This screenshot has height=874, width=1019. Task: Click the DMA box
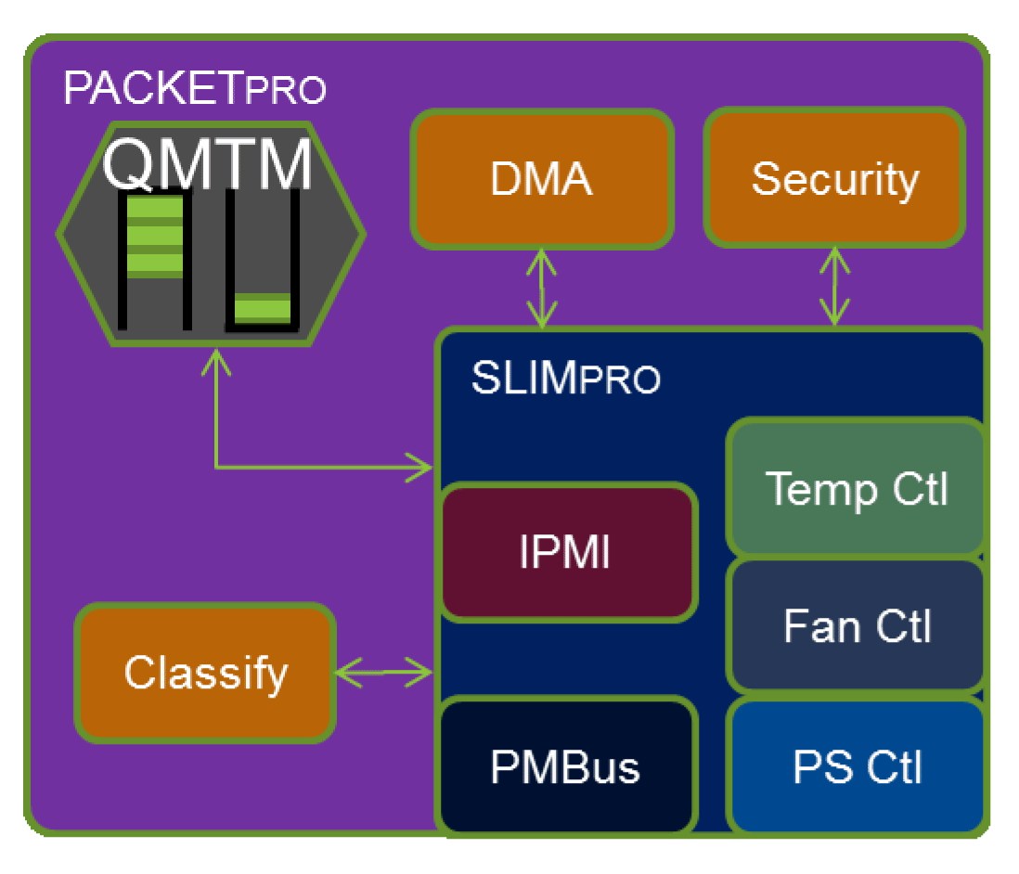tap(541, 179)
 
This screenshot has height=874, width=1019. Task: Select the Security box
tap(834, 179)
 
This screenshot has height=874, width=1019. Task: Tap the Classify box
tap(205, 673)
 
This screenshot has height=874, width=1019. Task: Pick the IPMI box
tap(568, 552)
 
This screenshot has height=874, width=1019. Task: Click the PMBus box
tap(566, 767)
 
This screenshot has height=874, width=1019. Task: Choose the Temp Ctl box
tap(855, 488)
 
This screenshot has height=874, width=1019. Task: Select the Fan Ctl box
tap(855, 626)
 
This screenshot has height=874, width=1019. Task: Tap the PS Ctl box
tap(855, 767)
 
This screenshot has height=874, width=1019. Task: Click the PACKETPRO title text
tap(195, 90)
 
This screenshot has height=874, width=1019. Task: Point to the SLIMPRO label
tap(566, 379)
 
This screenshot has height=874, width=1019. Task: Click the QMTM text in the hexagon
tap(208, 164)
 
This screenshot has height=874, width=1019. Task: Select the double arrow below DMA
tap(541, 289)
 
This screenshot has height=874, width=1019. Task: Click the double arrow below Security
tap(835, 287)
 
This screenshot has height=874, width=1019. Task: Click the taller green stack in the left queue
tap(154, 238)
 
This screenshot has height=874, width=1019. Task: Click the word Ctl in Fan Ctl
tap(899, 626)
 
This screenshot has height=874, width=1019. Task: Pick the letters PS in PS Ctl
tap(817, 767)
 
